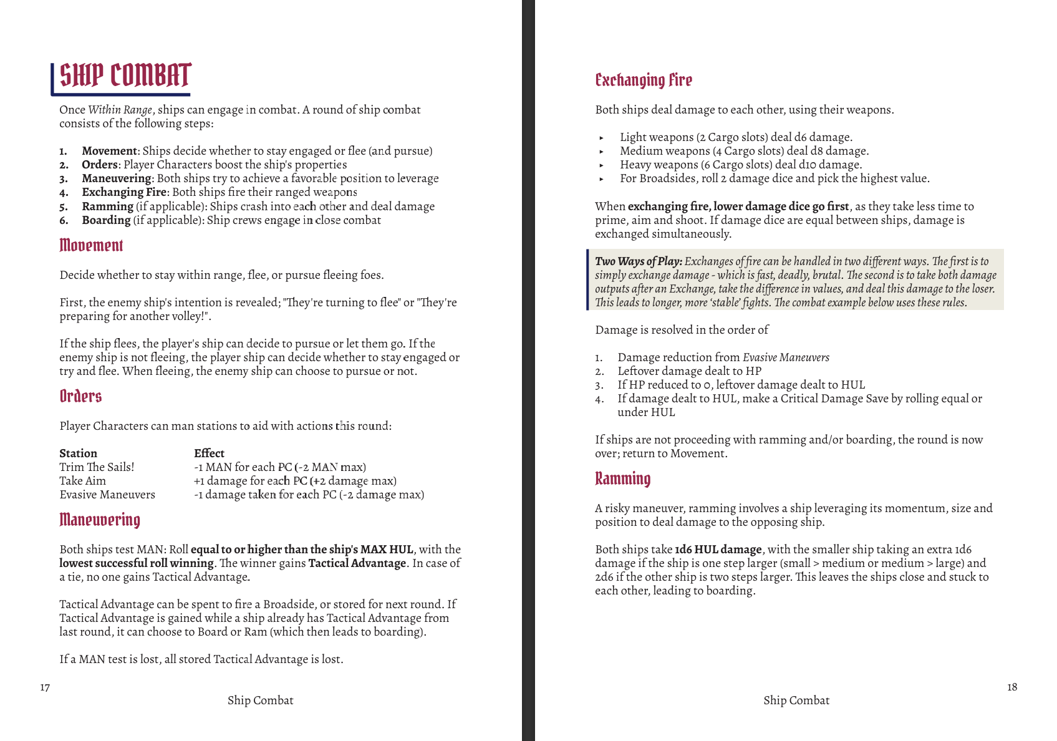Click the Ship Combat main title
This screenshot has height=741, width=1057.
[125, 76]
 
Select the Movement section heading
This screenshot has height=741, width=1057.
[91, 246]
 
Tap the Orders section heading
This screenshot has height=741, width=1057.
[80, 397]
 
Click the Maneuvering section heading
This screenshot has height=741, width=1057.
[100, 520]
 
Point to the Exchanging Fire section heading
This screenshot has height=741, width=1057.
[644, 80]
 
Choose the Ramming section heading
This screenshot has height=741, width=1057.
[622, 479]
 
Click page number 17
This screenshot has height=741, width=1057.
[45, 687]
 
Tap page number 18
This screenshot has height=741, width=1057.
[1011, 687]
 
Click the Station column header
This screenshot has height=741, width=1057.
[78, 453]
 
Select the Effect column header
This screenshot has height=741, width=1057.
[209, 453]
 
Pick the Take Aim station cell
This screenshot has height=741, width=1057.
[82, 481]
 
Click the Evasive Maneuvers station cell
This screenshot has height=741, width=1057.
[107, 495]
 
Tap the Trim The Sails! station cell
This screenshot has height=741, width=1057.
[97, 467]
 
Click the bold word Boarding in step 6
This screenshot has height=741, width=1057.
[106, 220]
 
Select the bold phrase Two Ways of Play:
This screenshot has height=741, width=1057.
[638, 261]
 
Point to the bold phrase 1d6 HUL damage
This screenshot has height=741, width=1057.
[718, 550]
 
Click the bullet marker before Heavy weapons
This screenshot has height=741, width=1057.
[601, 165]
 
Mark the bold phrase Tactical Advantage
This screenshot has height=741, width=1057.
[357, 563]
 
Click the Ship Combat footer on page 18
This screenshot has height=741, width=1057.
[796, 700]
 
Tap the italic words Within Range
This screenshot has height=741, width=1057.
[120, 110]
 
